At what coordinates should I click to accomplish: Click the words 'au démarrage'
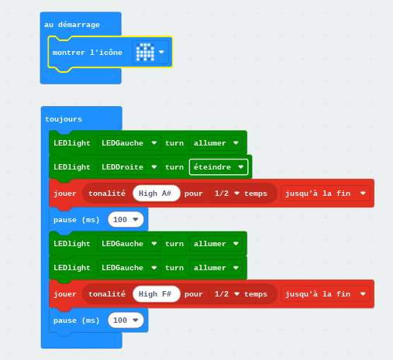click(x=72, y=25)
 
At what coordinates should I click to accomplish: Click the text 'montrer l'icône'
click(x=88, y=53)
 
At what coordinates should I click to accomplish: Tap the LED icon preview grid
click(x=145, y=52)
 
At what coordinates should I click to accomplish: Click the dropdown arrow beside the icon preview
click(x=161, y=52)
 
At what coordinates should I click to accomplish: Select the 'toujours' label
click(x=64, y=119)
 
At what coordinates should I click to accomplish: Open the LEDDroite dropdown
click(x=129, y=167)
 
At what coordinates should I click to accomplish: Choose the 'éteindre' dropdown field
click(x=219, y=167)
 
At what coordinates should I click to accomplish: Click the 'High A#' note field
click(x=157, y=194)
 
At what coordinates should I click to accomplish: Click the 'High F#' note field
click(x=157, y=294)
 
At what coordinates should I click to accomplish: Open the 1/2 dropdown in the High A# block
click(x=227, y=194)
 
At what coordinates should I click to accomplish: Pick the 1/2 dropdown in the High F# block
click(x=227, y=294)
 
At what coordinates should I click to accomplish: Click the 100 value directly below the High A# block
click(x=126, y=220)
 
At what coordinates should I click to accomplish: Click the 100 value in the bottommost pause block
click(x=126, y=321)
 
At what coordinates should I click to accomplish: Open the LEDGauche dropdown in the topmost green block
click(x=129, y=143)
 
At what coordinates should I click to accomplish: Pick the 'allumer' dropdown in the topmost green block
click(x=216, y=143)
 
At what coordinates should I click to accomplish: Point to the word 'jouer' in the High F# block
click(x=65, y=294)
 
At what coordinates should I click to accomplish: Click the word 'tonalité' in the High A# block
click(x=107, y=194)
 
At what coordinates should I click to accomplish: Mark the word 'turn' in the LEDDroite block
click(x=174, y=167)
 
